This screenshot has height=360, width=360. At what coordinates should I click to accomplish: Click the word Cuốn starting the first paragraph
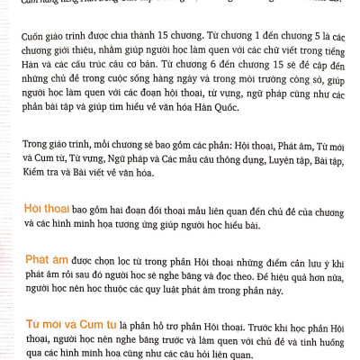[38, 40]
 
